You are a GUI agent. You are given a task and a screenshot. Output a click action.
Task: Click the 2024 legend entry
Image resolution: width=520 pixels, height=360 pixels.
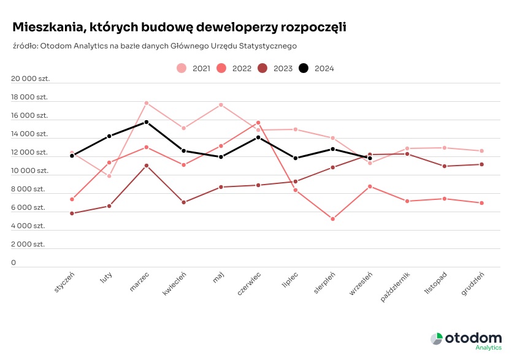coord(316,69)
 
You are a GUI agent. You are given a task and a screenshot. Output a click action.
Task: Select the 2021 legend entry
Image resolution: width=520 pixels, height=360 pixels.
coord(194,69)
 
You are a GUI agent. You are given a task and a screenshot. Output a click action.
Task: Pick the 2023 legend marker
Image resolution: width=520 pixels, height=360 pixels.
coord(263,69)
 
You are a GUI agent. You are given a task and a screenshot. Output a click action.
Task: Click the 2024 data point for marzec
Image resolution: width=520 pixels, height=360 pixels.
coord(147,122)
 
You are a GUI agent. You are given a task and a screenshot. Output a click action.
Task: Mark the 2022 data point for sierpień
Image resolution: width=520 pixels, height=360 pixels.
coord(332,219)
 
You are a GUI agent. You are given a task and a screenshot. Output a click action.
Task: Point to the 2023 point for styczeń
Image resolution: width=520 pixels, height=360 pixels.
coord(72,213)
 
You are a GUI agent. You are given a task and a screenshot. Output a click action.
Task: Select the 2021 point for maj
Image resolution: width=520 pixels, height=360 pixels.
coord(221,105)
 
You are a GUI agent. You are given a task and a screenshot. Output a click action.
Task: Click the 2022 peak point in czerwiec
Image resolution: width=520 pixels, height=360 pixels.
coord(258,123)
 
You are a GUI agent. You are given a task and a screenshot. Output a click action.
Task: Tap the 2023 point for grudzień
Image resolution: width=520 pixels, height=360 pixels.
coord(482,164)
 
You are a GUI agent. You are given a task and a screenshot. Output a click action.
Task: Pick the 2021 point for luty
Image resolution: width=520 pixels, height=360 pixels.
coord(109,176)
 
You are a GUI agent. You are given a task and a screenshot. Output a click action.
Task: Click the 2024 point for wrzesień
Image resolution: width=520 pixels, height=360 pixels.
coord(370,158)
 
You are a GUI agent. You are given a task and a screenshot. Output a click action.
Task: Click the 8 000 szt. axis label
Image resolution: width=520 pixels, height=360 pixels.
coord(29,189)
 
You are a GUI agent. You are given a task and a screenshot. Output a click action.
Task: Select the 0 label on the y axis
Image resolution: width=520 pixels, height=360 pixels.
coord(13,262)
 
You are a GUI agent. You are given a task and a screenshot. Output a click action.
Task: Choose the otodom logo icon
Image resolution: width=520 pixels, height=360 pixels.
coord(436,339)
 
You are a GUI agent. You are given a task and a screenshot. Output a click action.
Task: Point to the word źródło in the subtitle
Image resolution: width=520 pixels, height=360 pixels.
coord(25,45)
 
